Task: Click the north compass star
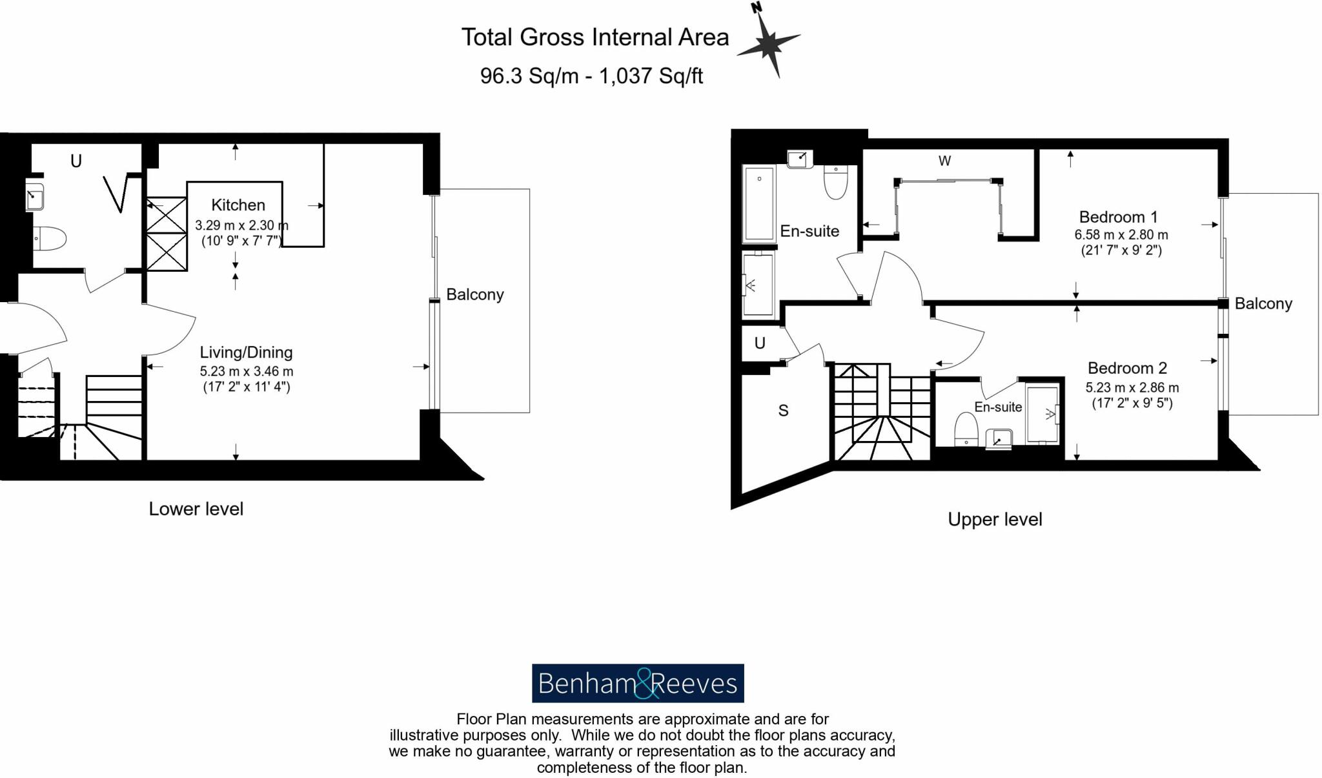point(769,43)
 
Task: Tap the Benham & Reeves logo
point(637,683)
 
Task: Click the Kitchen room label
point(238,205)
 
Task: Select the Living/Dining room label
point(246,353)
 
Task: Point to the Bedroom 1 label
point(1118,217)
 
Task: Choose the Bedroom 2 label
point(1127,368)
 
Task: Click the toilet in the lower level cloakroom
point(49,238)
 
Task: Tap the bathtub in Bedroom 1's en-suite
point(759,203)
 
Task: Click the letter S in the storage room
point(783,411)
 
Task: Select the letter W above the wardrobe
point(944,161)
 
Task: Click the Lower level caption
point(196,509)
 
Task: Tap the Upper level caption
point(995,520)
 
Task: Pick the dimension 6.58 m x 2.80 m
point(1121,235)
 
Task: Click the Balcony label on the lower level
point(474,294)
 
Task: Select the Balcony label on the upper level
point(1263,303)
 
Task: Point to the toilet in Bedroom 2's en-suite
point(966,429)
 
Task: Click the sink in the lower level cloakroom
point(34,197)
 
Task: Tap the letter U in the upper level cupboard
point(760,343)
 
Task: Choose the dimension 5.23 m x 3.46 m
point(246,371)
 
